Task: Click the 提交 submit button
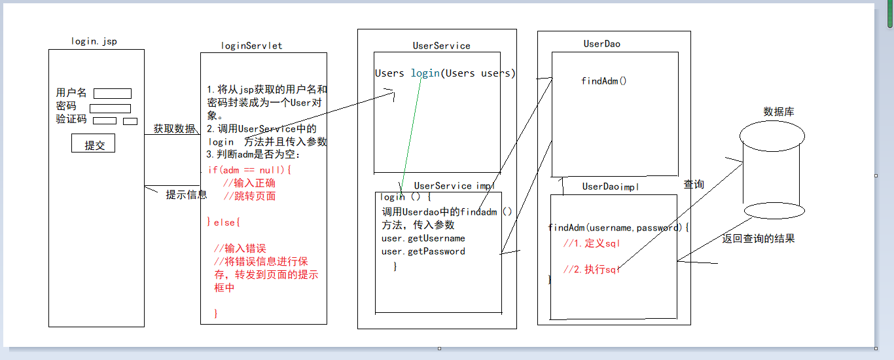tap(94, 145)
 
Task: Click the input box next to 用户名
tap(113, 94)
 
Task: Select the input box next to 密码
tap(110, 109)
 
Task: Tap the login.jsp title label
tap(94, 41)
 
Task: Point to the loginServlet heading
tap(252, 45)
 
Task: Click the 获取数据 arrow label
tap(173, 128)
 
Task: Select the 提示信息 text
tap(187, 194)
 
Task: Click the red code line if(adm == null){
tap(249, 170)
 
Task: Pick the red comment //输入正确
tap(249, 183)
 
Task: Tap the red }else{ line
tap(224, 223)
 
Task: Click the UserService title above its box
tap(441, 45)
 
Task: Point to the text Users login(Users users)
tap(445, 73)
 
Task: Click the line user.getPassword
tap(423, 251)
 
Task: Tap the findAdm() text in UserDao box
tap(603, 81)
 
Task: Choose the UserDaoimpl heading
tap(611, 187)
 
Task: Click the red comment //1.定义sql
tap(591, 243)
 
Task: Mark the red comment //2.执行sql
tap(591, 270)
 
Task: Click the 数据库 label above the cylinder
tap(779, 112)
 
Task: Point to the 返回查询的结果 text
tap(759, 239)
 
